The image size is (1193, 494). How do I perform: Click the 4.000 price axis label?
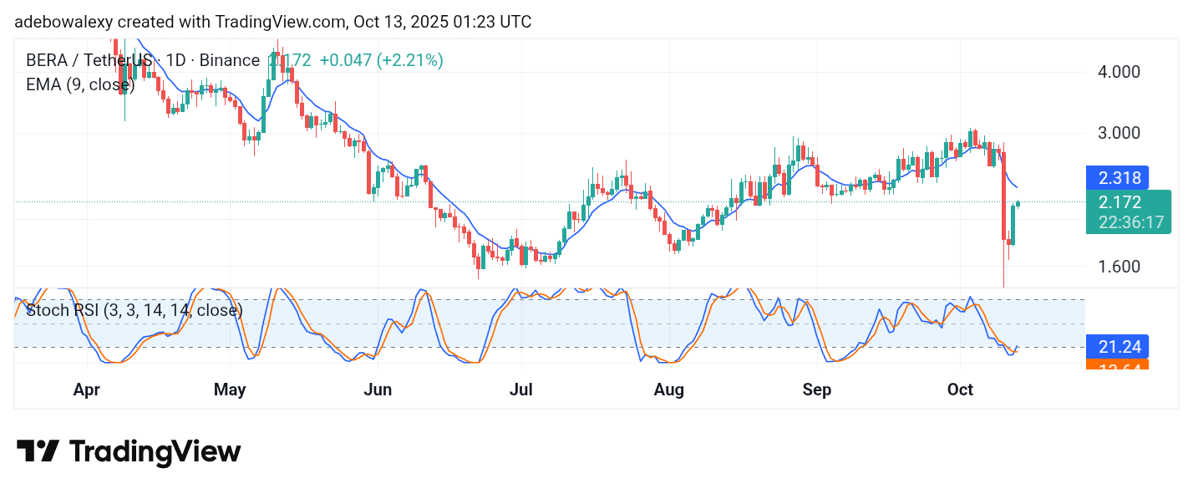tap(1118, 72)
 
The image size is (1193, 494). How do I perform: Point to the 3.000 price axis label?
tap(1118, 133)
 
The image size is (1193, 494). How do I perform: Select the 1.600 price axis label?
tap(1118, 267)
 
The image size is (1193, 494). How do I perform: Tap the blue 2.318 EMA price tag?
tap(1117, 178)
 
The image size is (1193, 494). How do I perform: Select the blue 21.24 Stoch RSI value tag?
tap(1117, 346)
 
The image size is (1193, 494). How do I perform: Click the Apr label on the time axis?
tap(88, 390)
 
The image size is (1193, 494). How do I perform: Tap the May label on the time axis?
tap(230, 390)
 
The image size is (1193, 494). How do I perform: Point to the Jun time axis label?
tap(378, 390)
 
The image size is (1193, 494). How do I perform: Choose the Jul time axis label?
tap(521, 390)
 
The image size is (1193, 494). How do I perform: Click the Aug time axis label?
tap(668, 390)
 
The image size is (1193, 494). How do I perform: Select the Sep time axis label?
tap(816, 390)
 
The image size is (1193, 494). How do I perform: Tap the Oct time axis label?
tap(960, 390)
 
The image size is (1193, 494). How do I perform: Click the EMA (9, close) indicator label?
tap(80, 84)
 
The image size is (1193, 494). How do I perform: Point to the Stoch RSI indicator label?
tap(134, 311)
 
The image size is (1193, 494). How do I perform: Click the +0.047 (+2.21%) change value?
tap(381, 60)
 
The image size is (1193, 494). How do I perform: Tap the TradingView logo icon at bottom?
tap(38, 452)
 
